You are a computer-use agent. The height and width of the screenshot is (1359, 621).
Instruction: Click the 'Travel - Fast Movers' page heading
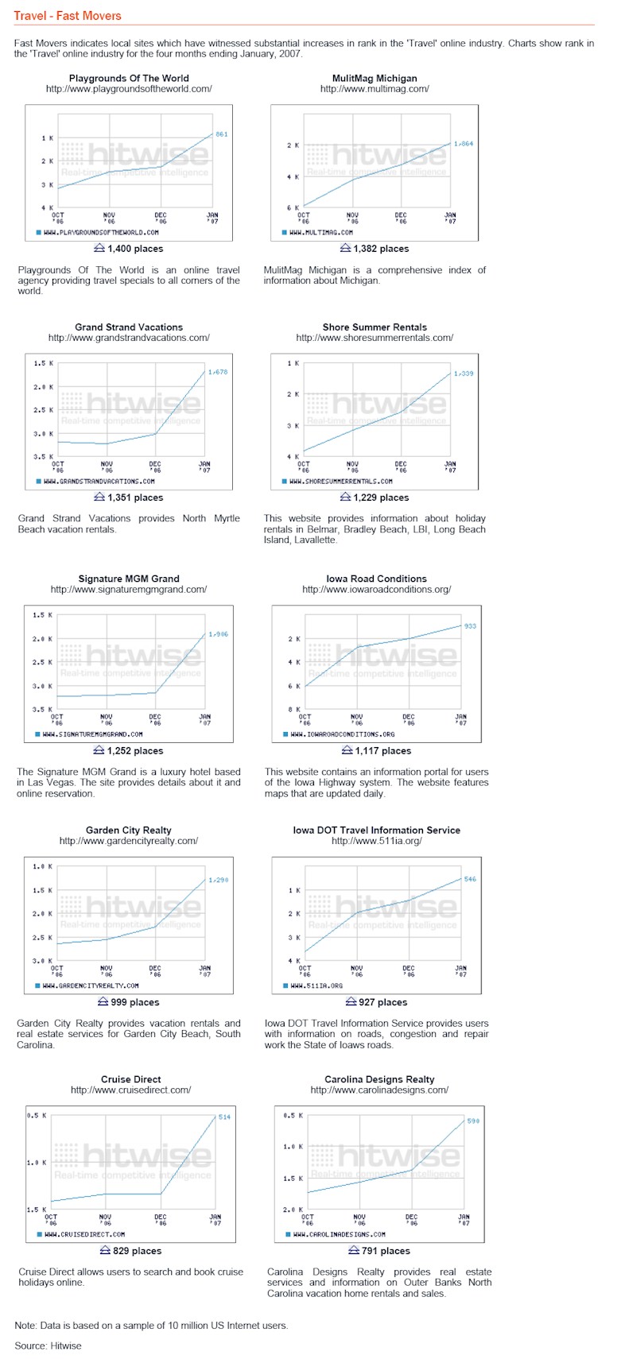68,16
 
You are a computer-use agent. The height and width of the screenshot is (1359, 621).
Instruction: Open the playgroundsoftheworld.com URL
129,89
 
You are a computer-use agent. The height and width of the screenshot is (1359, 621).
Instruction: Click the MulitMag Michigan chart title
375,78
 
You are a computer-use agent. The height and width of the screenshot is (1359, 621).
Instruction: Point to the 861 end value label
222,134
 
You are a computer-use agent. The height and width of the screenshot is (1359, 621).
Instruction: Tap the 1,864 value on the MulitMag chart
464,144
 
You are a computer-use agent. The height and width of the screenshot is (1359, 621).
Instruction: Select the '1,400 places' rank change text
135,249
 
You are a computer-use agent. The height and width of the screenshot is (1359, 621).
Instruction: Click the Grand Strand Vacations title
129,327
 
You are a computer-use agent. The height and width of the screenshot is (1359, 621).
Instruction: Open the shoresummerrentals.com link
375,338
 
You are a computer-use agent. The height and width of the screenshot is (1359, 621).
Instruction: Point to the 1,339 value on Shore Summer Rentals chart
464,373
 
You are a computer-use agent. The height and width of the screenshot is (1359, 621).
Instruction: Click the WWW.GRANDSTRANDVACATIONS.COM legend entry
99,482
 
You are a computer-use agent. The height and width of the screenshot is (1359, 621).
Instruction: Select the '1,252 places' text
135,750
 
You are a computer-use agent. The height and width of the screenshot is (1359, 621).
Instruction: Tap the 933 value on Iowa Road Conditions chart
470,626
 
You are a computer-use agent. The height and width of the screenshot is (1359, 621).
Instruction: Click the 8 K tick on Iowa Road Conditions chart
294,709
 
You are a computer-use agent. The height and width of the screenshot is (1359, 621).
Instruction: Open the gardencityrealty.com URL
129,841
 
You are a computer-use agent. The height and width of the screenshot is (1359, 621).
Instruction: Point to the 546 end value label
470,879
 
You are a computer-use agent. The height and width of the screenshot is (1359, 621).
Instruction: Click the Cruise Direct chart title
131,1079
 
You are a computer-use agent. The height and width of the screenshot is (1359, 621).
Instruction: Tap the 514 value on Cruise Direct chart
224,1117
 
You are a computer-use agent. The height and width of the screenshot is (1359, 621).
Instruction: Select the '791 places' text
385,1250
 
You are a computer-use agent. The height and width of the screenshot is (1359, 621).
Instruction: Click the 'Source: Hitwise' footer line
48,1345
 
